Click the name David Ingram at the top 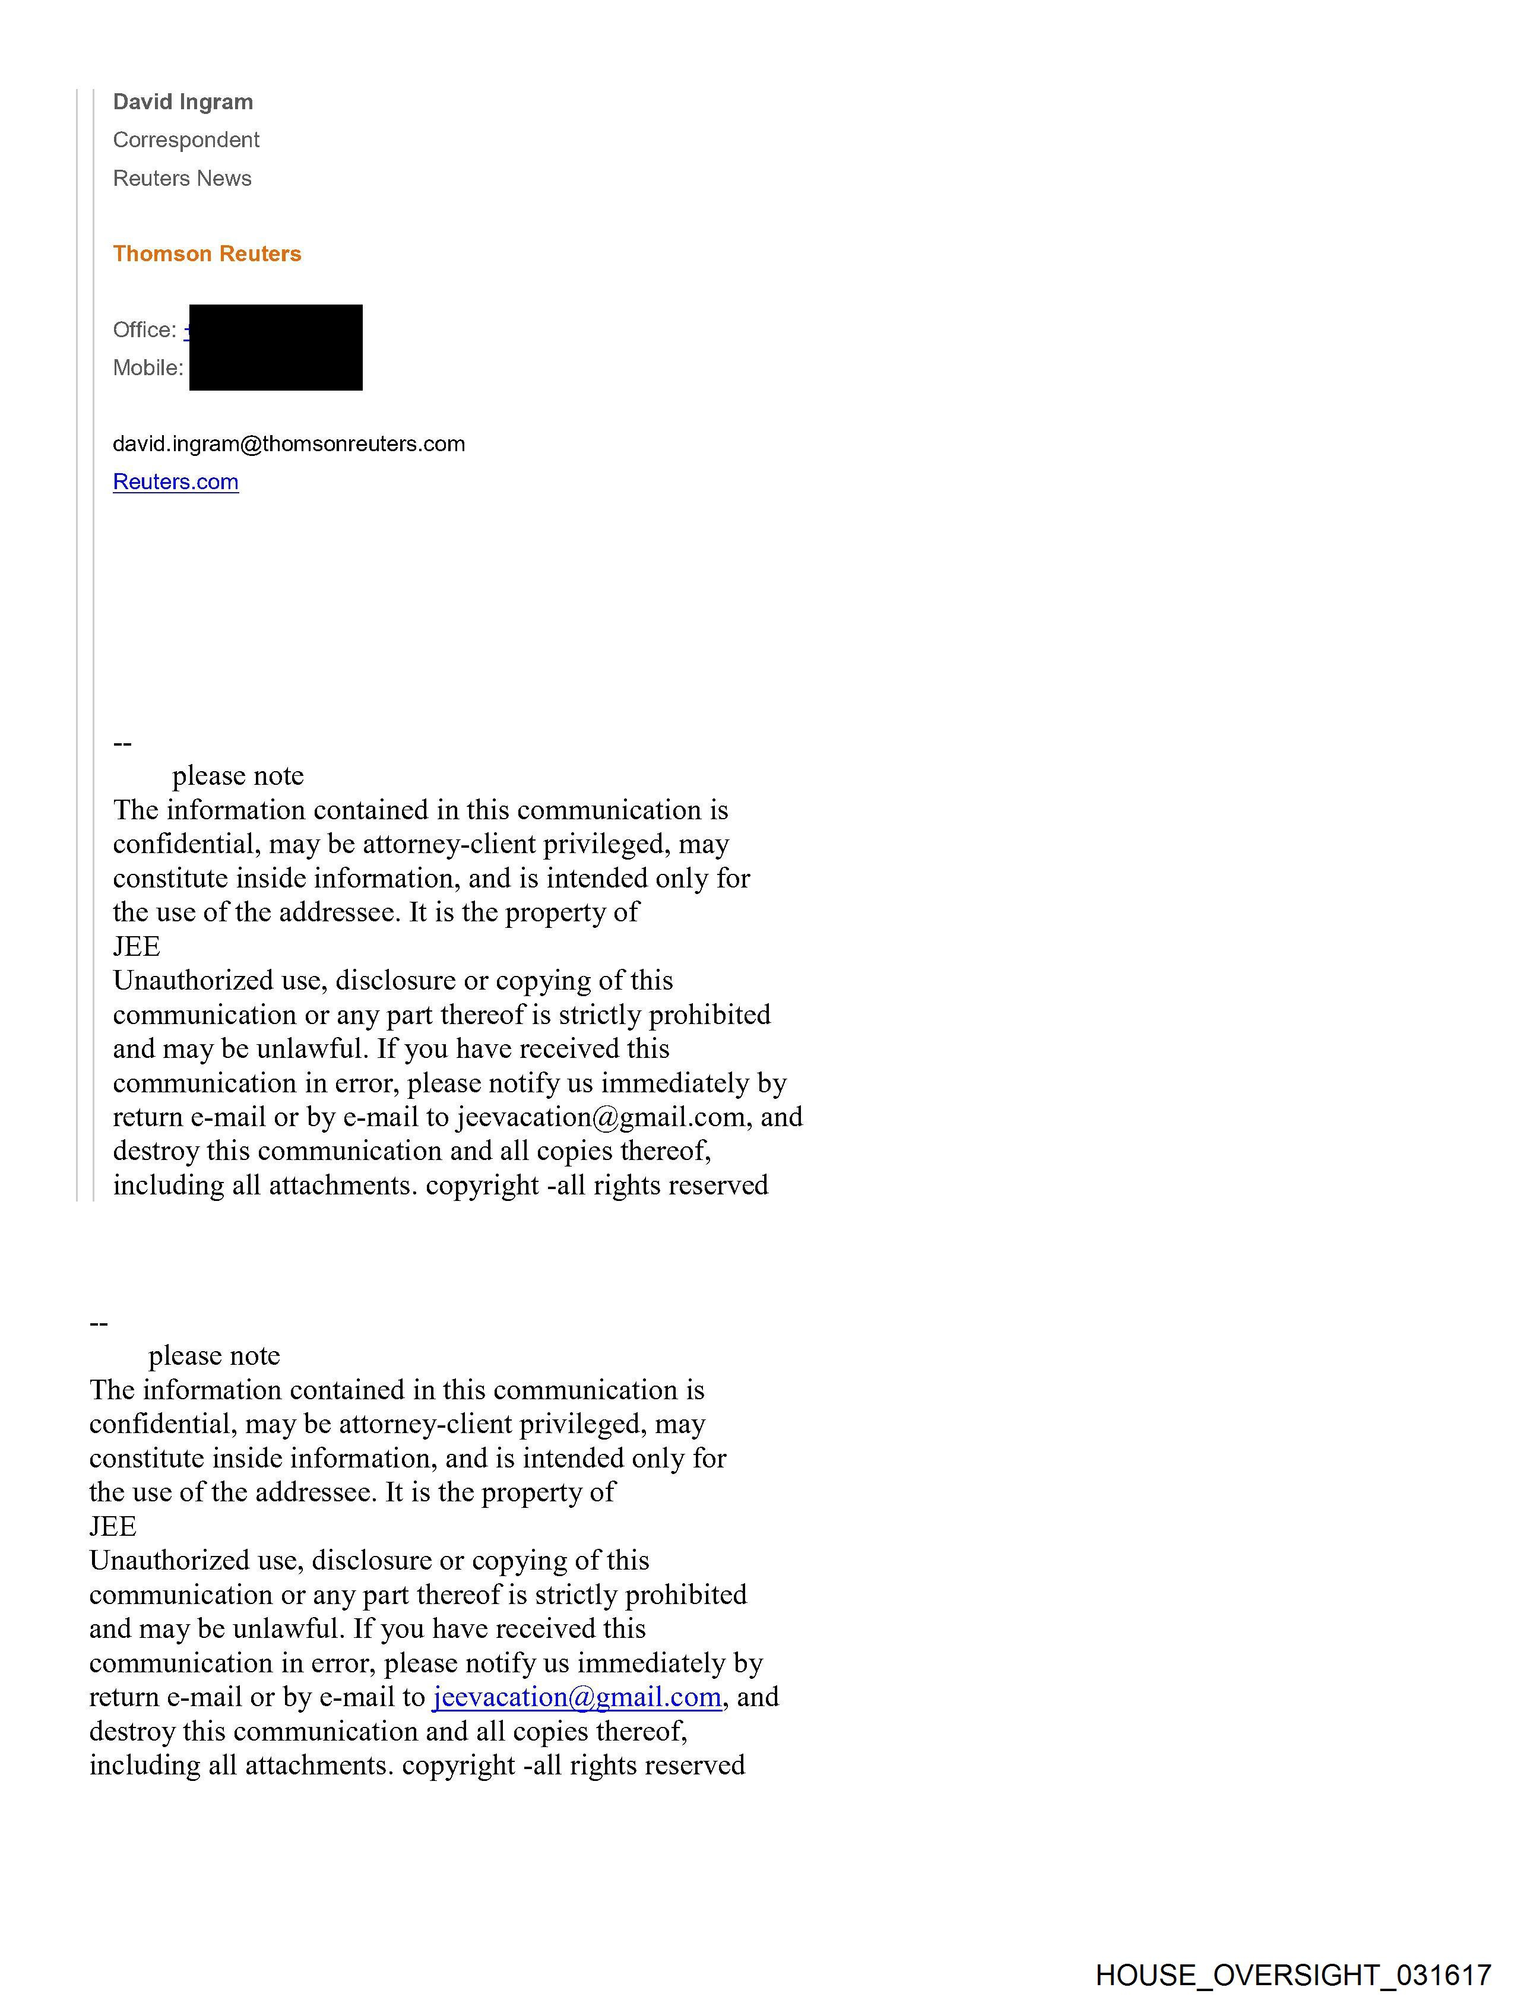(183, 102)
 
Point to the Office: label (145, 330)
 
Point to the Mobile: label (147, 368)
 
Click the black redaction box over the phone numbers (276, 348)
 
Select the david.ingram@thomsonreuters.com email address (289, 444)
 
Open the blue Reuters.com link (176, 482)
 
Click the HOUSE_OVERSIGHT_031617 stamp (1293, 1974)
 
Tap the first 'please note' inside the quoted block (238, 776)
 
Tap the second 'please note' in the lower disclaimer (214, 1355)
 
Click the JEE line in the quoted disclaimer (137, 947)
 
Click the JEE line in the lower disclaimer (113, 1526)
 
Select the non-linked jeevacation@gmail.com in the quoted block (600, 1117)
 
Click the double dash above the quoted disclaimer (123, 743)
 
